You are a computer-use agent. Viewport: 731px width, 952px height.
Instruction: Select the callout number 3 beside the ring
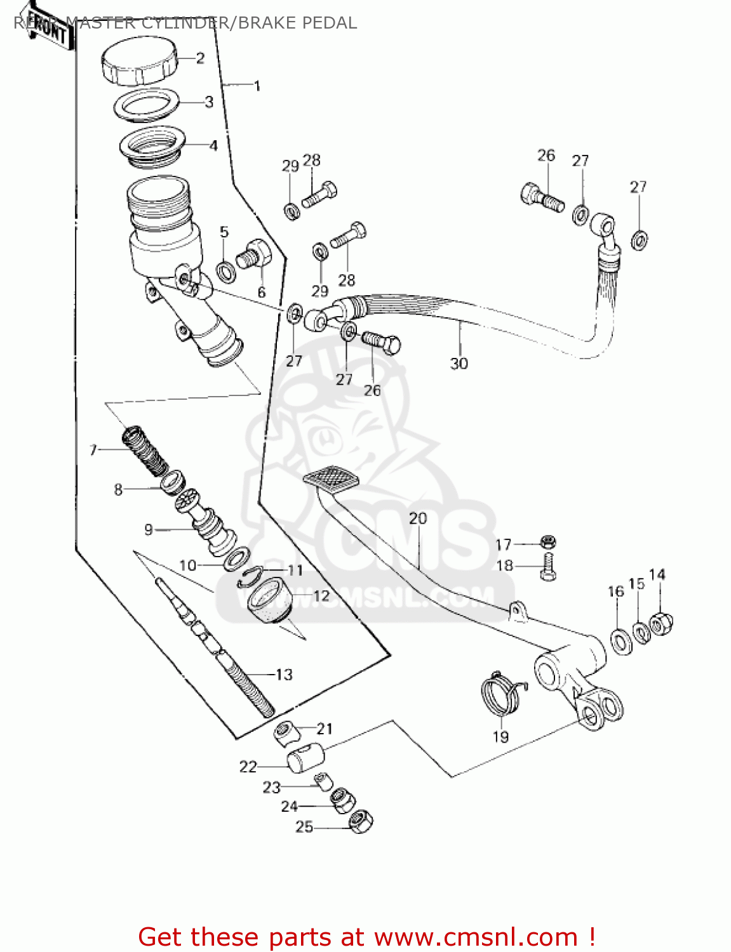(209, 102)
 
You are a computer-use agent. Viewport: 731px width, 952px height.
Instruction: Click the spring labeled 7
(144, 450)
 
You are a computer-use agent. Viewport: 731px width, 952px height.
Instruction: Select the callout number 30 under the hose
(459, 364)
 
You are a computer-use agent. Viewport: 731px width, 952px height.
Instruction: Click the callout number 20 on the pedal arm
(418, 519)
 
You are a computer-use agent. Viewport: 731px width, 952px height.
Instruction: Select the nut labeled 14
(661, 623)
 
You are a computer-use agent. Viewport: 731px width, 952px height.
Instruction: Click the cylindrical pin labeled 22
(306, 759)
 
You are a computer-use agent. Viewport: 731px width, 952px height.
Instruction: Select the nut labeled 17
(548, 543)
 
